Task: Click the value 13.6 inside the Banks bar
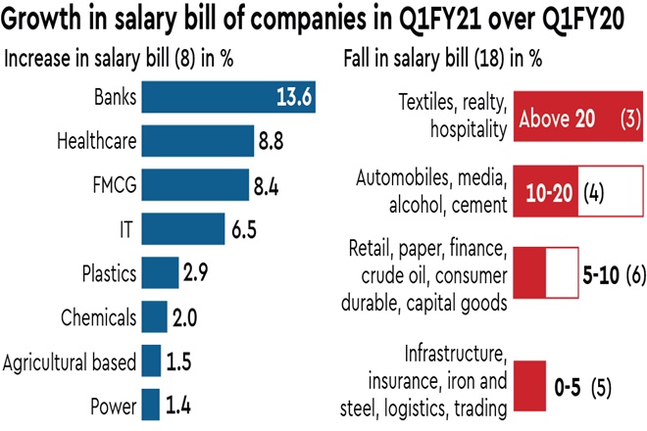coord(291,98)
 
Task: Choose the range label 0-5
coord(568,387)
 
